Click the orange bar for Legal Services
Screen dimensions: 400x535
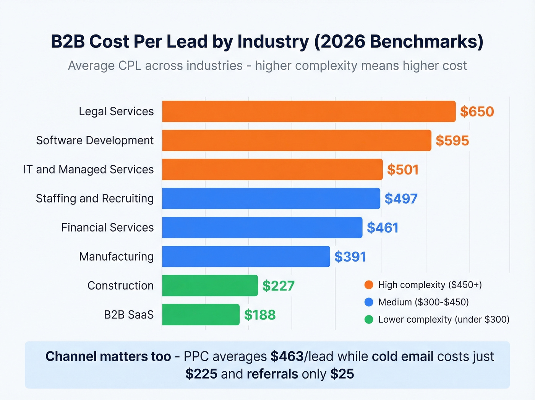(309, 111)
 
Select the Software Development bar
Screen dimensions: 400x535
(297, 140)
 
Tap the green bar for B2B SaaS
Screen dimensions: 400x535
(201, 315)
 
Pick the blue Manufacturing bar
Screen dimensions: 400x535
(246, 256)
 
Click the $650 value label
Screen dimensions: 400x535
(477, 112)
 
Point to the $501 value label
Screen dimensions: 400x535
(403, 170)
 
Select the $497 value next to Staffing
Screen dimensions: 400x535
(401, 199)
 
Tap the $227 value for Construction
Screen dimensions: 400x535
(278, 286)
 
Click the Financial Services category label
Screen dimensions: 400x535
(107, 227)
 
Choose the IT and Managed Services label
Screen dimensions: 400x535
(88, 169)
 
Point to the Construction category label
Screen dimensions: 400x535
(120, 286)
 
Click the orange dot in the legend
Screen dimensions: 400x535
(369, 285)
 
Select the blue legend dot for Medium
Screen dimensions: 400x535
(369, 302)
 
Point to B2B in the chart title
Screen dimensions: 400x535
(68, 41)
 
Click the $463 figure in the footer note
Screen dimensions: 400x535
(287, 356)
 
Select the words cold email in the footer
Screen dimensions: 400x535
(402, 356)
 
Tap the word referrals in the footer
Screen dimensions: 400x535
(272, 374)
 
